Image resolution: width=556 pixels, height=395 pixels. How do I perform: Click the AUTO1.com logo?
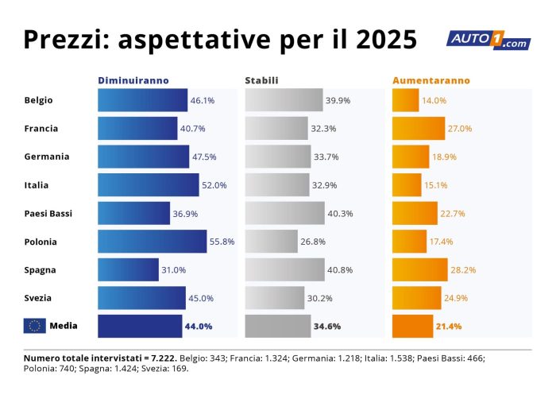[488, 40]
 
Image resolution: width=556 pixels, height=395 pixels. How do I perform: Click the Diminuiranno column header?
[133, 80]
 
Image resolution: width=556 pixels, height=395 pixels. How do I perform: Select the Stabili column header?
[261, 80]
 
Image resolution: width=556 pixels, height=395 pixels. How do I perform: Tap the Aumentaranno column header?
[431, 80]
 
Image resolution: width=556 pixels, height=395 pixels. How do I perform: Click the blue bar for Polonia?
[152, 242]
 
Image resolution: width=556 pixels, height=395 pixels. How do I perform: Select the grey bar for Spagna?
[284, 269]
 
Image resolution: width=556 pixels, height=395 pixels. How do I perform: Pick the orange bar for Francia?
[419, 128]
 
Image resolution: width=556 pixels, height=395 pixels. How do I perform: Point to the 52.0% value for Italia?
[214, 185]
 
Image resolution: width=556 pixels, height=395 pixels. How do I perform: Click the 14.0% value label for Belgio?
[434, 101]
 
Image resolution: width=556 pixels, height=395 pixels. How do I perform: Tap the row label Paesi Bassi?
[49, 213]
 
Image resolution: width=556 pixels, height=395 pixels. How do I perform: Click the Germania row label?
[47, 157]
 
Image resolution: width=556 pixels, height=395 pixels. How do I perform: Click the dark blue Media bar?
[139, 326]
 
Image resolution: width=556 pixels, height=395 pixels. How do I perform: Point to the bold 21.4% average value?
[448, 327]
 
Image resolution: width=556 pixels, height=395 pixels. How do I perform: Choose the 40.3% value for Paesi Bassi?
[340, 213]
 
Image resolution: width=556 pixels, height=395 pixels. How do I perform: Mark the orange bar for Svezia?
[416, 298]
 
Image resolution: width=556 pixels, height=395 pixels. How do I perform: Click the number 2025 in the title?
[386, 41]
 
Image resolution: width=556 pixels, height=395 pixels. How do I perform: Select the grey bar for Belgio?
[284, 100]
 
